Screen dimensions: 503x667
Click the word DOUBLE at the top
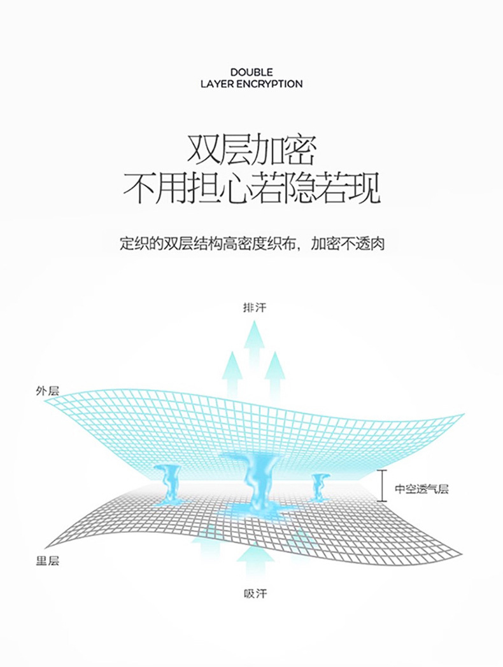coord(251,72)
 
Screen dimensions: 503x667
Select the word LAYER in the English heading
coord(218,84)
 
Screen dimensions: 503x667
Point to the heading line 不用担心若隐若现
coord(251,187)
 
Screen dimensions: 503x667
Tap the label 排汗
coord(254,307)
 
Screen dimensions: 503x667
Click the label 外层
coord(47,390)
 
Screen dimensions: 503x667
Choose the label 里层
coord(47,561)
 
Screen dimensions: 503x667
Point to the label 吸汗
coord(255,594)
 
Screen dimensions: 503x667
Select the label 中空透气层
coord(422,489)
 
